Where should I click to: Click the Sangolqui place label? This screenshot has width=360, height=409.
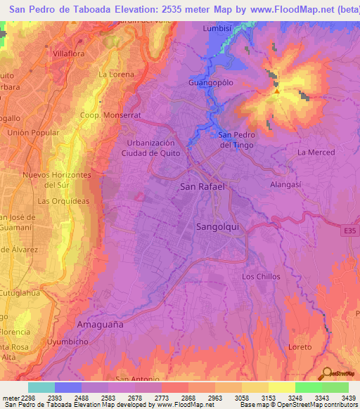click(217, 228)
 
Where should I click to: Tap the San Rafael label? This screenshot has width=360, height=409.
click(202, 187)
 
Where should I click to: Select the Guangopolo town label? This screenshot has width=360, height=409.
click(210, 82)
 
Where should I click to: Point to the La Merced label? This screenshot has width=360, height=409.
click(316, 152)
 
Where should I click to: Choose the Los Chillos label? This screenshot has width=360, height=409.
click(261, 276)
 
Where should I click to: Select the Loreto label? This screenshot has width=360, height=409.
click(300, 347)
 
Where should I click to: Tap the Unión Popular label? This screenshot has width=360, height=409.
click(31, 133)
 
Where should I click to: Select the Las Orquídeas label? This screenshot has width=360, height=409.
click(63, 201)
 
